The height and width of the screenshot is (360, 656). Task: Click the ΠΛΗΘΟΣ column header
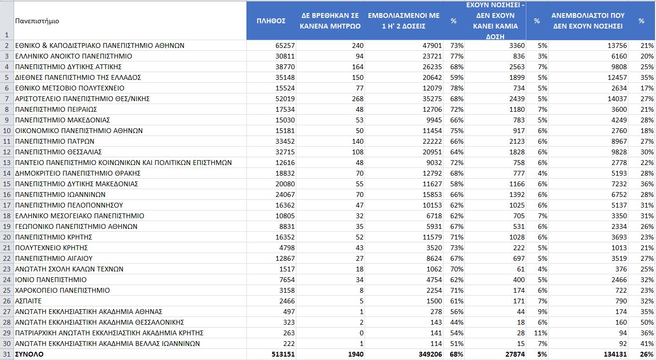click(271, 21)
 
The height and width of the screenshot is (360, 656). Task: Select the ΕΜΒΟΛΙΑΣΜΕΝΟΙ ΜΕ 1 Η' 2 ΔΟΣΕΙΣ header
click(404, 21)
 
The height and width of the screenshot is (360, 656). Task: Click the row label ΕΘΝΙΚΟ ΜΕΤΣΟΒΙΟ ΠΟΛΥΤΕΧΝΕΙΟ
click(70, 88)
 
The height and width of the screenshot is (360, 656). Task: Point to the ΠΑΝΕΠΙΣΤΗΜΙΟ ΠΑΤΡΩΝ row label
click(55, 141)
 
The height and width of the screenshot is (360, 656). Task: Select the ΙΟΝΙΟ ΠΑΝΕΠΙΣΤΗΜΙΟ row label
click(51, 280)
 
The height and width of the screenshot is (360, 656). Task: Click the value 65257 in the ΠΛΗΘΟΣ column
click(285, 45)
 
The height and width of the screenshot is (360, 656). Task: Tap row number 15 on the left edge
click(7, 184)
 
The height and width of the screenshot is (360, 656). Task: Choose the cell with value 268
click(355, 99)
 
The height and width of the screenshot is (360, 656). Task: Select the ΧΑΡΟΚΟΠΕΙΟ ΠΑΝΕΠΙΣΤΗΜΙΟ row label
click(62, 290)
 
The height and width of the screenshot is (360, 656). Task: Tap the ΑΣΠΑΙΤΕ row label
click(29, 301)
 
